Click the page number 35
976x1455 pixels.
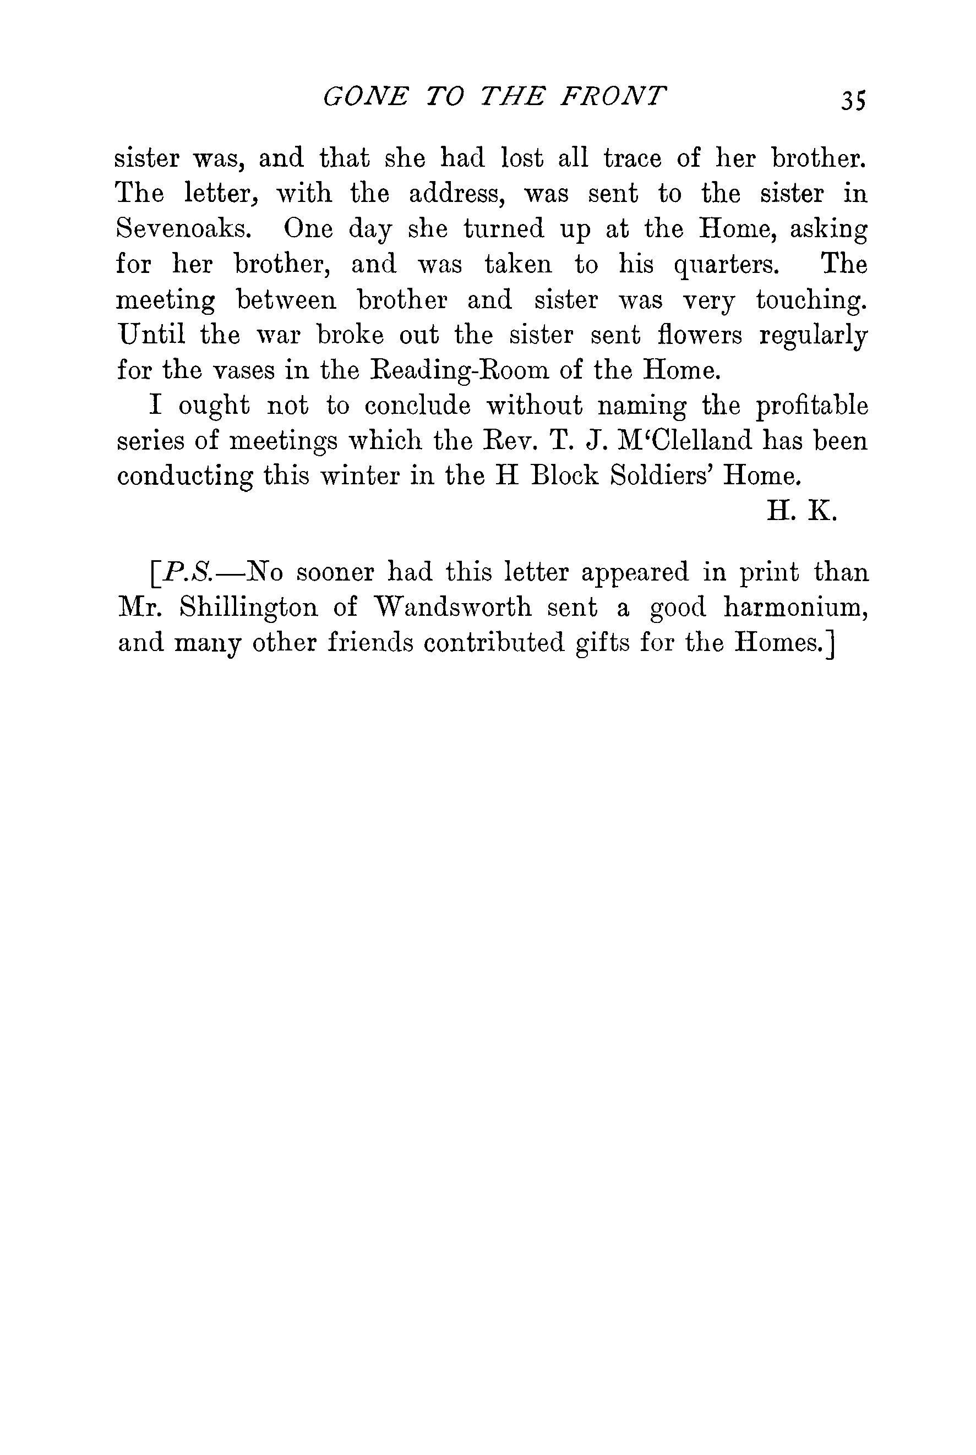[x=853, y=100]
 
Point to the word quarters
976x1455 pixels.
[x=727, y=266]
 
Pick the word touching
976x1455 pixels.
[x=811, y=301]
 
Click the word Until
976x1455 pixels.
[x=151, y=335]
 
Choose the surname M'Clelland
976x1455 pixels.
[x=669, y=441]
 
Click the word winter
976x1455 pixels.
[x=351, y=477]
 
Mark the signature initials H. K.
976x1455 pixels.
[x=801, y=511]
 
